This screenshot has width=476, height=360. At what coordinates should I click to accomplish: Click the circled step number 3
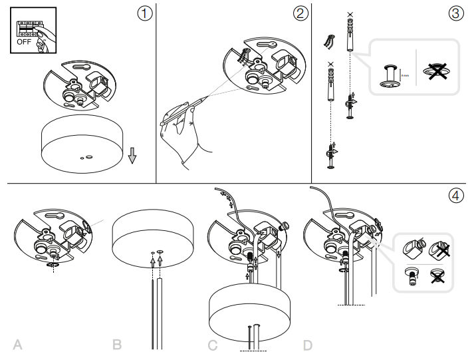coord(455,13)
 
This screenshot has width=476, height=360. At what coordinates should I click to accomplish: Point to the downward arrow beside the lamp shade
coord(132,155)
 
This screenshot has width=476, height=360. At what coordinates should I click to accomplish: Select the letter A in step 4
coord(19,345)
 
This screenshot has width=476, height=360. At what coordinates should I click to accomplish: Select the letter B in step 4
coord(117,345)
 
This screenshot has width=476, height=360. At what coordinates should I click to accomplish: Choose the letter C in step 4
coord(213,345)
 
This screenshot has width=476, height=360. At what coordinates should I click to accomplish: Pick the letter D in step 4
coord(308,345)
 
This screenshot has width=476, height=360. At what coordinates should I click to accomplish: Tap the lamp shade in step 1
coord(84,143)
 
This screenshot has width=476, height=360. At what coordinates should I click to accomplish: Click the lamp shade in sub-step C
coord(247,309)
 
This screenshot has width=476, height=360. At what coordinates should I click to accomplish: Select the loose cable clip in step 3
coord(327,41)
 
